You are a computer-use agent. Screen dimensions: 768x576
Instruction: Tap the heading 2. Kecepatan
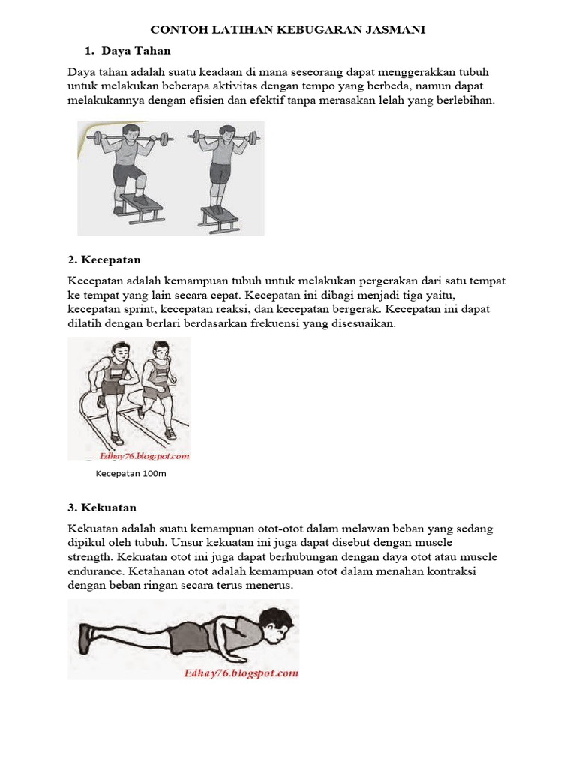pos(104,259)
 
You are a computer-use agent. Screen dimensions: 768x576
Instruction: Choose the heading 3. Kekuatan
pos(102,508)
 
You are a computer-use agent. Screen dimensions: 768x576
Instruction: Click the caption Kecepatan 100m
pos(130,474)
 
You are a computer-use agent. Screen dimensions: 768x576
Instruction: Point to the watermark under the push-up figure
pos(241,673)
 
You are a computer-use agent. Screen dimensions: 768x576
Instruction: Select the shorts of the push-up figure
pos(184,640)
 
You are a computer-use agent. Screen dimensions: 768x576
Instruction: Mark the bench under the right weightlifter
pos(220,216)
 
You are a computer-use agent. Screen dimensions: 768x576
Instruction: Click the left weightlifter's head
pos(128,133)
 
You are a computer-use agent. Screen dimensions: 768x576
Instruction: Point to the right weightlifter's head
pos(226,133)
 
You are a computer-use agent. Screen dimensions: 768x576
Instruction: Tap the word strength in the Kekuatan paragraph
pos(90,557)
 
